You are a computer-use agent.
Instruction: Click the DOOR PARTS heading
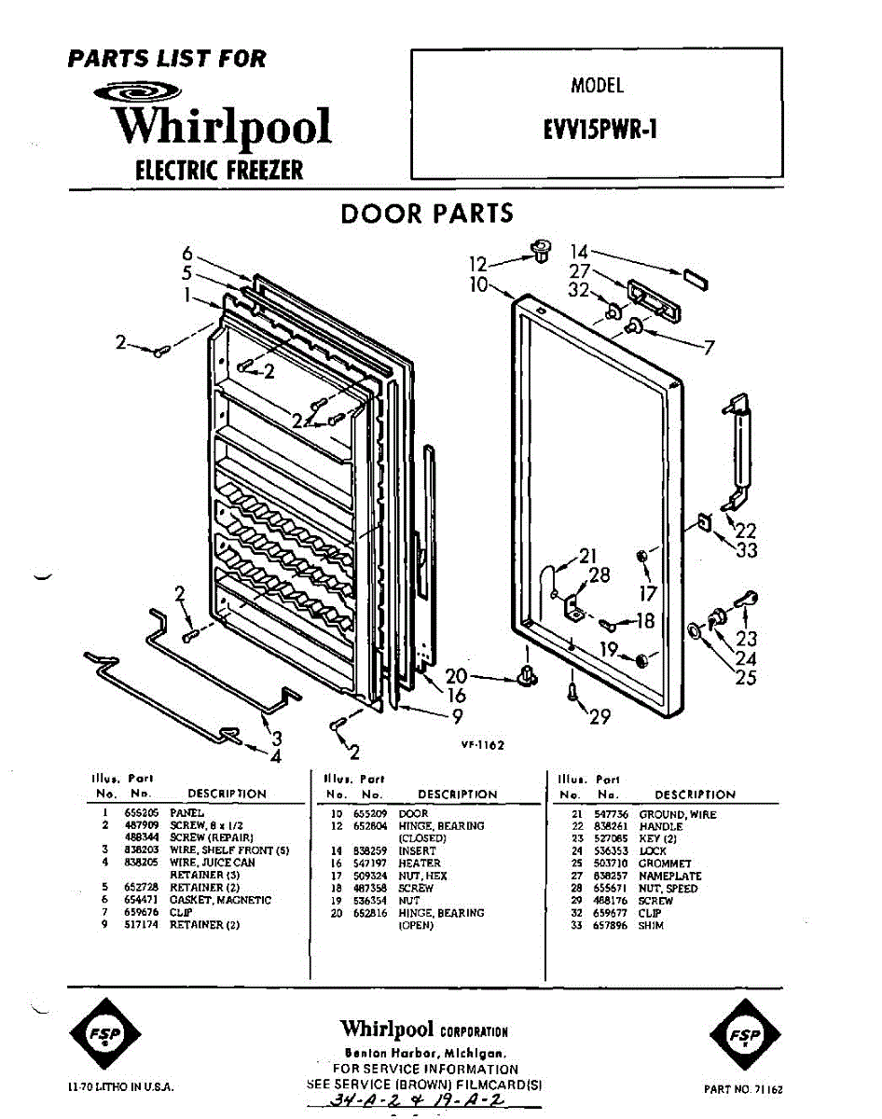[427, 214]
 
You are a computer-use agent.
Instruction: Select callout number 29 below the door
[599, 715]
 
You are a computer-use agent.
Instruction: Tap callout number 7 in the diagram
[710, 348]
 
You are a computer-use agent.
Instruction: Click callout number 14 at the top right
[580, 251]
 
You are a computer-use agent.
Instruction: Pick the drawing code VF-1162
[482, 745]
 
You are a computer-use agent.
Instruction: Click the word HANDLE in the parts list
[660, 826]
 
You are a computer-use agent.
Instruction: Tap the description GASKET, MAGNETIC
[220, 900]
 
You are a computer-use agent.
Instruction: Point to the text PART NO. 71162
[741, 1088]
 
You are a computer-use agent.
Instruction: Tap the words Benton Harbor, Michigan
[425, 1053]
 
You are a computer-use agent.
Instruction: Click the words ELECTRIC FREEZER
[219, 170]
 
